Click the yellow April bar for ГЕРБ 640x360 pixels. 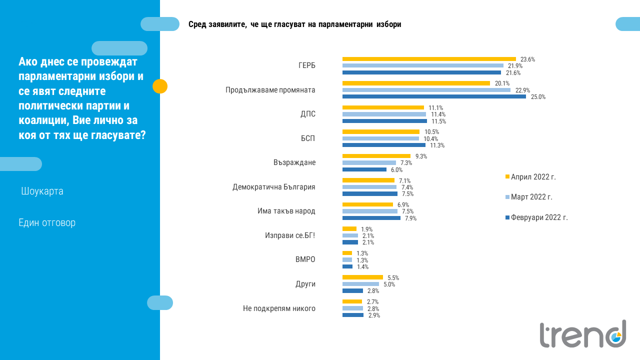(x=428, y=59)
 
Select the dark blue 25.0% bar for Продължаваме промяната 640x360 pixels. (x=433, y=96)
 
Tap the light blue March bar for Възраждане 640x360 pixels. (x=368, y=163)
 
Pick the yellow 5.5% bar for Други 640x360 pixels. (x=362, y=277)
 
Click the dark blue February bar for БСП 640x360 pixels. (x=383, y=145)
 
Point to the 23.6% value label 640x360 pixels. (x=527, y=59)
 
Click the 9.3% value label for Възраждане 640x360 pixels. (x=421, y=156)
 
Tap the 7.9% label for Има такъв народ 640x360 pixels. (x=410, y=218)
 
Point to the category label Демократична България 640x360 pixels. (x=273, y=187)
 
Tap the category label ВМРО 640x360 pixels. (x=305, y=259)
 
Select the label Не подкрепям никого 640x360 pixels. (x=279, y=308)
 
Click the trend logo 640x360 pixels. (x=582, y=334)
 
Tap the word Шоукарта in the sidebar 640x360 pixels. (x=42, y=191)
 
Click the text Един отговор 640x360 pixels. (x=47, y=222)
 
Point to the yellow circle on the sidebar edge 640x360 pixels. (x=159, y=86)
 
